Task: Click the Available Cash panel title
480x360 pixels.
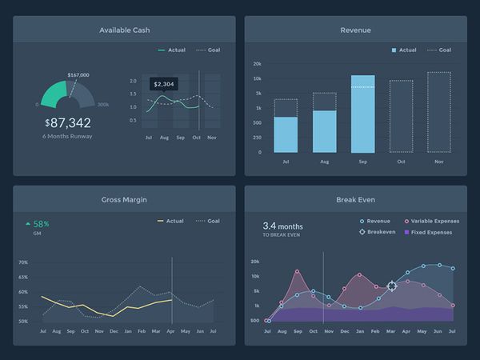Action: (124, 30)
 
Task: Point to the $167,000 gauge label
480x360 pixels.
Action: (78, 74)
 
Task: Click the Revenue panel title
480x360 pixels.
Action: (355, 30)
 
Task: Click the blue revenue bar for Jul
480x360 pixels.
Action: (286, 134)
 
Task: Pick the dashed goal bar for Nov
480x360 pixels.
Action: (438, 112)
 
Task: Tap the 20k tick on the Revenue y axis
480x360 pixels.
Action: (257, 64)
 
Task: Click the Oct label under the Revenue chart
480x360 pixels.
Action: (400, 162)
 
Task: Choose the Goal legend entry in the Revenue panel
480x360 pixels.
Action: (439, 50)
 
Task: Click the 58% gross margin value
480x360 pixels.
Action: (41, 224)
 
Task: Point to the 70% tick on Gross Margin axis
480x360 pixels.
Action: (23, 262)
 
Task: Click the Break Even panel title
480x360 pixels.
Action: (355, 200)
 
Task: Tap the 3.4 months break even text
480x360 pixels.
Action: (283, 226)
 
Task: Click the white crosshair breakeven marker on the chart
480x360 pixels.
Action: (392, 286)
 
